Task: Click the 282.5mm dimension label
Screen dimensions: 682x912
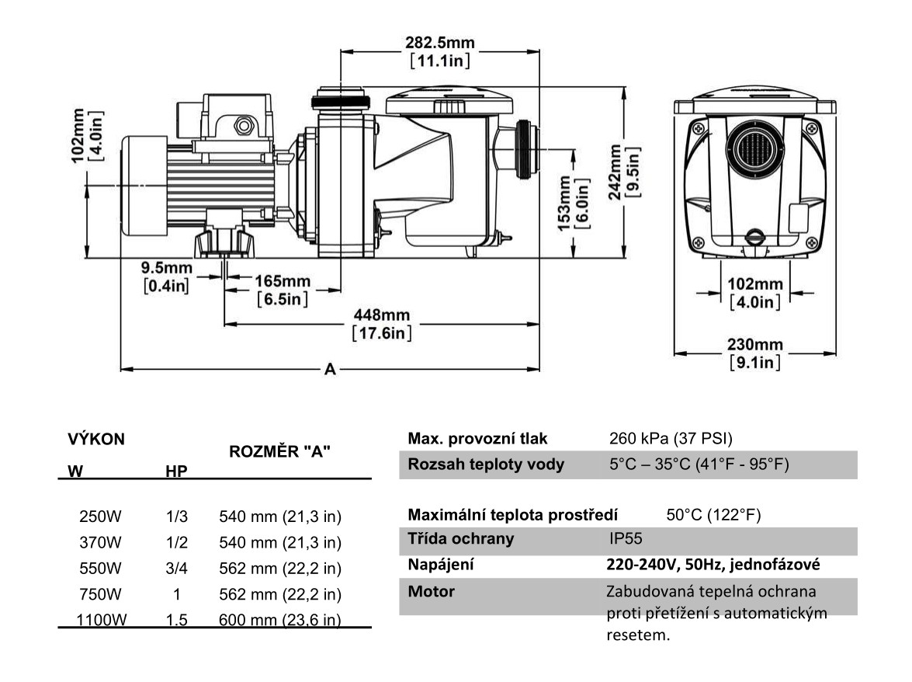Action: point(440,41)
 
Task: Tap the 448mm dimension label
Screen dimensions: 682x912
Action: point(381,315)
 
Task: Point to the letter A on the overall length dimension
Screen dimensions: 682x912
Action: point(330,371)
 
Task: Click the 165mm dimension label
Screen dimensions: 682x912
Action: point(283,280)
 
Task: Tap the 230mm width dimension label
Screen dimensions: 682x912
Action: point(754,344)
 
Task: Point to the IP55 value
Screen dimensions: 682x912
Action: point(626,538)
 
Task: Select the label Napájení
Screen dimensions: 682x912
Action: point(441,565)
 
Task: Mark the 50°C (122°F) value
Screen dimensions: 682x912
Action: point(713,514)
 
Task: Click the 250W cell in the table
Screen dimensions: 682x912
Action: point(100,516)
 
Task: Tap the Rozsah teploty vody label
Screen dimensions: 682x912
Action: point(486,465)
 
